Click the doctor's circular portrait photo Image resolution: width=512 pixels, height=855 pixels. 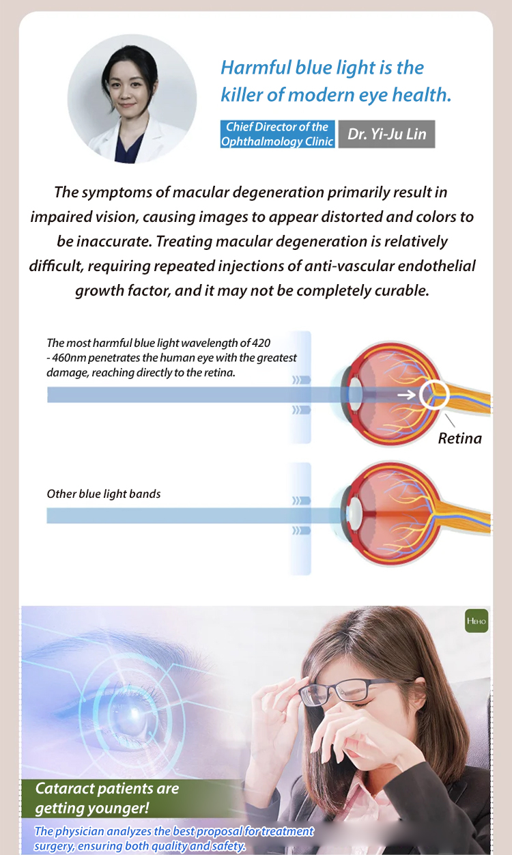click(x=132, y=99)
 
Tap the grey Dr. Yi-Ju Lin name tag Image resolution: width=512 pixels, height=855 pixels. click(x=386, y=134)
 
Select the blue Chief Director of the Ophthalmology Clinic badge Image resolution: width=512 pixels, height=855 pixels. click(x=277, y=134)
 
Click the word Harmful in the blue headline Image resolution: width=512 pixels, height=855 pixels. click(x=255, y=68)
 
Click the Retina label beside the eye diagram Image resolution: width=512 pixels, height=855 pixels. click(x=459, y=438)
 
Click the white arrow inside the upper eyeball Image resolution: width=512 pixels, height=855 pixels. click(x=406, y=395)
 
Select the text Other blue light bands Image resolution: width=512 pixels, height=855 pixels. click(x=104, y=494)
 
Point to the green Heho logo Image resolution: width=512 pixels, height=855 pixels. click(x=477, y=621)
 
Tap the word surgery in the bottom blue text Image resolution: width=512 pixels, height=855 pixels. click(x=54, y=846)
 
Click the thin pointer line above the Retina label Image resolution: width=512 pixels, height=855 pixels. click(x=450, y=420)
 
